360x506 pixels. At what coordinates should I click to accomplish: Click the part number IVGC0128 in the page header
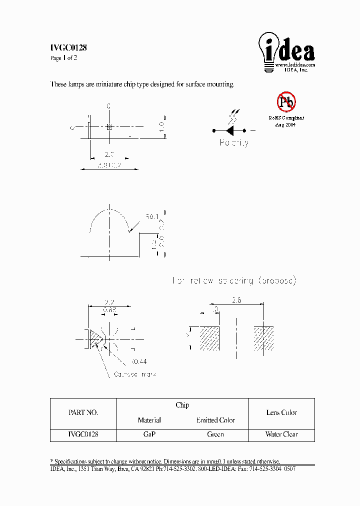69,48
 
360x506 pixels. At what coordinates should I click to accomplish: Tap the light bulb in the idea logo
267,50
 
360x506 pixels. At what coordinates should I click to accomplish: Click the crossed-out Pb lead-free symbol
286,102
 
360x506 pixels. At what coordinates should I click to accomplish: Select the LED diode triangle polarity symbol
230,130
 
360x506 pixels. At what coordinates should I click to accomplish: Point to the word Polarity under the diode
233,143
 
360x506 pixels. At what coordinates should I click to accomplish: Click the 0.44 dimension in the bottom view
138,361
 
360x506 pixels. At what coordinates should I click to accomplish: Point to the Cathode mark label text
134,374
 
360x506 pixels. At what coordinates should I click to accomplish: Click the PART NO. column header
83,413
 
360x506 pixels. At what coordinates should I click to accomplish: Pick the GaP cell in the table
149,434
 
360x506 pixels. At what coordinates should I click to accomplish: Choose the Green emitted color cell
215,434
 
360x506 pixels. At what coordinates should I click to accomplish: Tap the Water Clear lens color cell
281,434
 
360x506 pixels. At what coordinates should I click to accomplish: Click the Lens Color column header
281,413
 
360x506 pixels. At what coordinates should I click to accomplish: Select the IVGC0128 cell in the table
83,434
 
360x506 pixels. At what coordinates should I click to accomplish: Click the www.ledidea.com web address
295,65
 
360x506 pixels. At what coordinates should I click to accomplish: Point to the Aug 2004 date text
285,125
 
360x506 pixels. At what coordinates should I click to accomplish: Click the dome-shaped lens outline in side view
109,213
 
